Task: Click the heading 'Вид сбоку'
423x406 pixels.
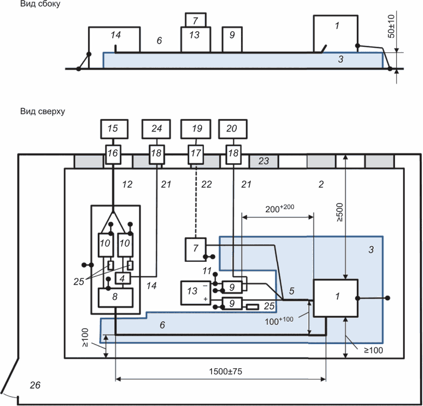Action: click(40, 5)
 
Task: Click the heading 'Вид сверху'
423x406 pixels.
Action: click(42, 111)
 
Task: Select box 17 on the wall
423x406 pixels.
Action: click(195, 153)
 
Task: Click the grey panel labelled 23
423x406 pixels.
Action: click(264, 161)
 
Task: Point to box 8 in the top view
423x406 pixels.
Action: click(116, 297)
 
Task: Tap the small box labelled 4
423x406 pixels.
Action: click(123, 278)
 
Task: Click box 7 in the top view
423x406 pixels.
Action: click(195, 248)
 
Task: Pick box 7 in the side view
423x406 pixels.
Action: click(195, 20)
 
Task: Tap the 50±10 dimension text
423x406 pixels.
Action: click(391, 26)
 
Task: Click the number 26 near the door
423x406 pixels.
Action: click(35, 385)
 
